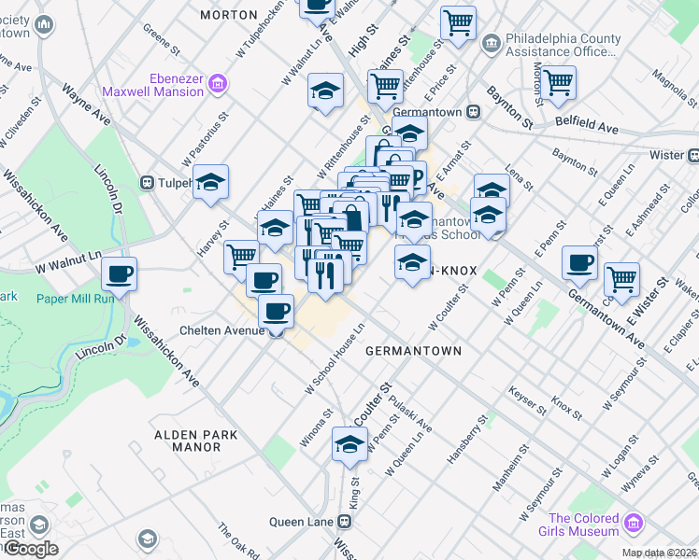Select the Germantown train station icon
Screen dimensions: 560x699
(x=474, y=112)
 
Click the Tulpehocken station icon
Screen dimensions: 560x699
(x=146, y=182)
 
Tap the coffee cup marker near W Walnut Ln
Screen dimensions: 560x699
(x=120, y=274)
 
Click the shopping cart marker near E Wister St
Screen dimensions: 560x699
(x=621, y=277)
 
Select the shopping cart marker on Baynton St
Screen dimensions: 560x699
(x=558, y=81)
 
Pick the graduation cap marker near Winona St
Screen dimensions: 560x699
(x=349, y=444)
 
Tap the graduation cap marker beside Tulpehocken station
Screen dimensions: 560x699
(x=211, y=181)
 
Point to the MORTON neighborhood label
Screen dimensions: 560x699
(x=229, y=15)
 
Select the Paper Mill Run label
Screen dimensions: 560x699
(x=76, y=299)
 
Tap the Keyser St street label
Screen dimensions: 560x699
(x=528, y=400)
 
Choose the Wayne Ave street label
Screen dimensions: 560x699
(x=86, y=105)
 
